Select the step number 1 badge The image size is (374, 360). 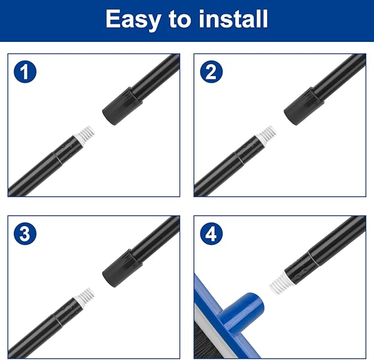point(25,72)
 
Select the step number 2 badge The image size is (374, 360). point(212,72)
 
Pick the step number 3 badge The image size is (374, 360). point(25,234)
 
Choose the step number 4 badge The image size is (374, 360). point(212,234)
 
